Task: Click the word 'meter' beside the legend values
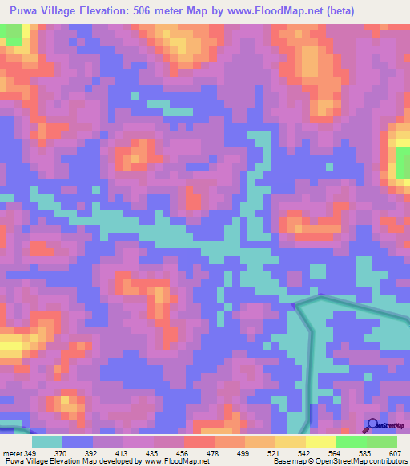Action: point(11,453)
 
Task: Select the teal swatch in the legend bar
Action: point(47,441)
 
